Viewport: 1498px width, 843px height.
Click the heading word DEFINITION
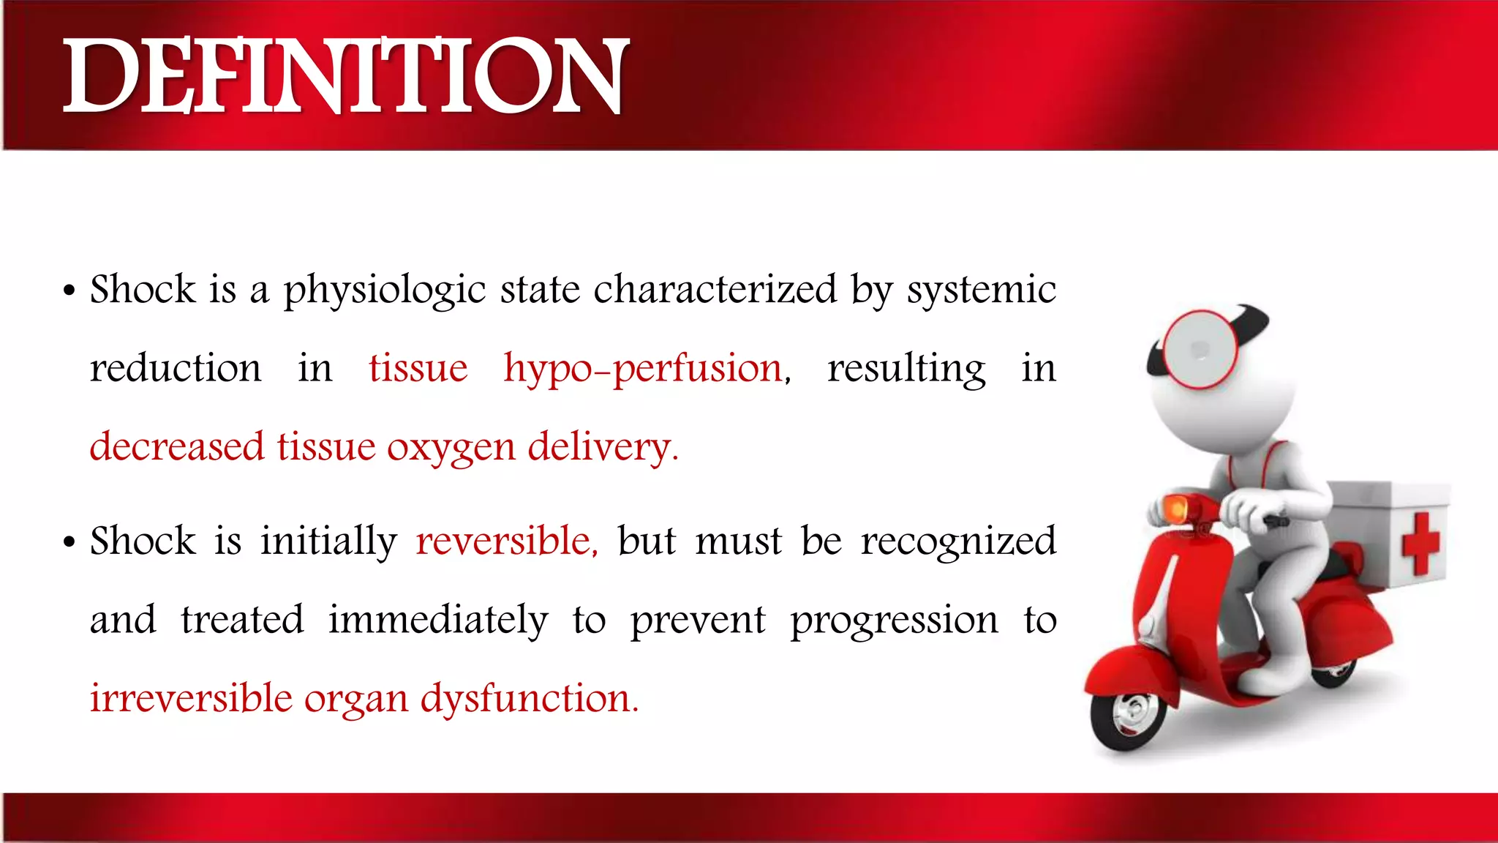[345, 77]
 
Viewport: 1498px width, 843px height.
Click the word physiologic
[385, 291]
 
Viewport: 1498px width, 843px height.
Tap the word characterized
[715, 289]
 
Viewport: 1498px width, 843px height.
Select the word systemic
[982, 291]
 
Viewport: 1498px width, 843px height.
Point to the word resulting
[906, 369]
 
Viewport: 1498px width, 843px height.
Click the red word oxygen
[451, 448]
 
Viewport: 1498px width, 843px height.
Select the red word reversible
[505, 542]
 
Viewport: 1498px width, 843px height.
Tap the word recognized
[958, 542]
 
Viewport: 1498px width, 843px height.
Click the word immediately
[437, 621]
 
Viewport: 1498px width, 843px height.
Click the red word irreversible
[191, 698]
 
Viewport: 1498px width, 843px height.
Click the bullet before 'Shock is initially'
[69, 544]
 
